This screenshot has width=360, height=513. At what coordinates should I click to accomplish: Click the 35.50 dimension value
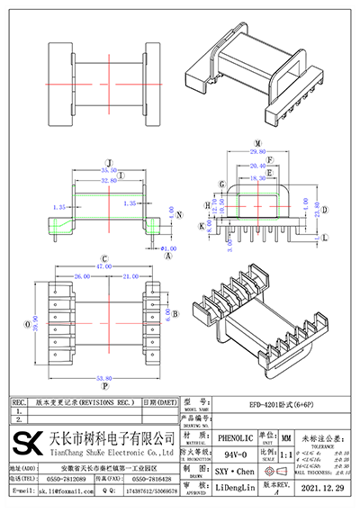tap(109, 170)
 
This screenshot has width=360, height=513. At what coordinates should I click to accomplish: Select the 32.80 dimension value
tap(109, 180)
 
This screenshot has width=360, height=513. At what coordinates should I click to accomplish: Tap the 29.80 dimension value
tap(258, 153)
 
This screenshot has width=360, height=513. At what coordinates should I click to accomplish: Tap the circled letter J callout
tap(109, 154)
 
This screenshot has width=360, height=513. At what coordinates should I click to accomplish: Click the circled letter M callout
tap(257, 142)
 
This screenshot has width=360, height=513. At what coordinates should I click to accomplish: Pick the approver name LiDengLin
tap(237, 491)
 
